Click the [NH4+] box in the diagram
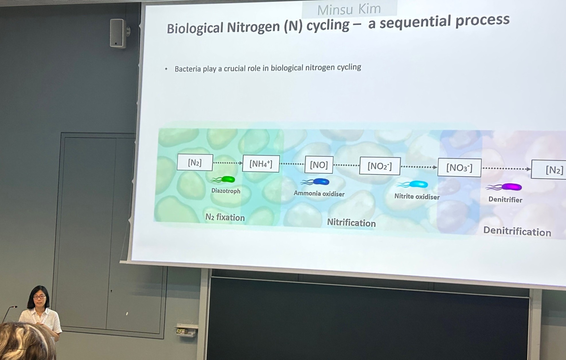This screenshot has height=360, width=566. [261, 163]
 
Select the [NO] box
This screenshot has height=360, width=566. [319, 165]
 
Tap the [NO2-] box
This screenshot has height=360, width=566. [380, 166]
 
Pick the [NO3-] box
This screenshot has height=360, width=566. [459, 168]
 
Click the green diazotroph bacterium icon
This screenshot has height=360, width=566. [223, 179]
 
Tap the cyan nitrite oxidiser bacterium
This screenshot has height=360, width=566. [412, 184]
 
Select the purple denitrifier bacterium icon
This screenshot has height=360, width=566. [504, 187]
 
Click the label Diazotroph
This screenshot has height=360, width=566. [226, 191]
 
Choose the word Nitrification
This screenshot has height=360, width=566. [351, 223]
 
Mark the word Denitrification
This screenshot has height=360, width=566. [517, 232]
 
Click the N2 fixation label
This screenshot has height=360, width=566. [225, 217]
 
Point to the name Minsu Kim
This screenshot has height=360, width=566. [349, 9]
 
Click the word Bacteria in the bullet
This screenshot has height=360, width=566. [188, 69]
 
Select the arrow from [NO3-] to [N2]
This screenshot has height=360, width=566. [506, 169]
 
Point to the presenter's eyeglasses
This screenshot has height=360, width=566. [40, 297]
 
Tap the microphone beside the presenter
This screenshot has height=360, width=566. [9, 314]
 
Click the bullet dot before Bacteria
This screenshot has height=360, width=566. [166, 69]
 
